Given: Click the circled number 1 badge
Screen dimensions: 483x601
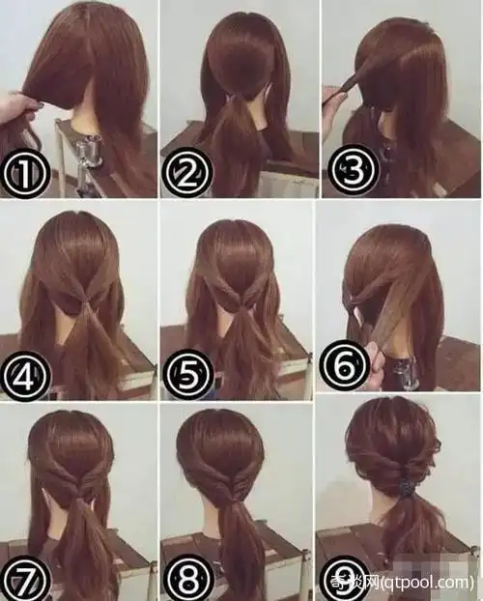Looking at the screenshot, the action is click(26, 174).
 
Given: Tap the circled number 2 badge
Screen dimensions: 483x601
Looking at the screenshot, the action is click(187, 172).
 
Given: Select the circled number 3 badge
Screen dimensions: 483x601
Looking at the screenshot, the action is click(353, 170).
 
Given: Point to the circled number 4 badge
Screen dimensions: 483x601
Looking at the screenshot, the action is click(26, 376).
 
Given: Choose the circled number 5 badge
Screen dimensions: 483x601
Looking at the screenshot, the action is click(187, 374).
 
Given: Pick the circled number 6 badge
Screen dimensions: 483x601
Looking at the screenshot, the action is click(344, 365).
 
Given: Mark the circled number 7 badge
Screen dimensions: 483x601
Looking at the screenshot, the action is click(26, 579).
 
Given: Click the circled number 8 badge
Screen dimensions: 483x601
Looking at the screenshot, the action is click(187, 579).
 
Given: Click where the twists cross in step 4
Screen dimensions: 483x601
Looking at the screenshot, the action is click(85, 301).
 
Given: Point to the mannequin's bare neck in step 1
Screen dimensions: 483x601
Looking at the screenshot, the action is click(85, 119).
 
